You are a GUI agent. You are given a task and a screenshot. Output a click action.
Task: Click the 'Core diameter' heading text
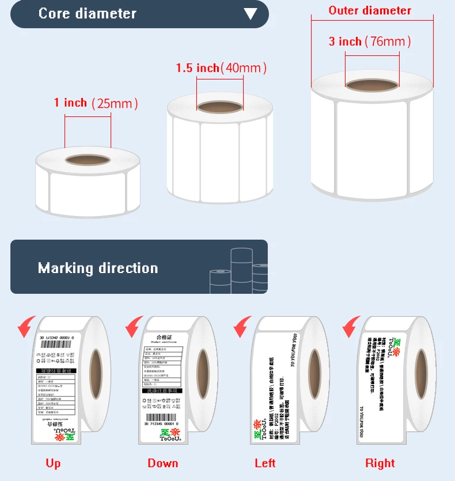tap(87, 14)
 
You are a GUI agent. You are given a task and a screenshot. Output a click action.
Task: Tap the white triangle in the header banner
tap(250, 14)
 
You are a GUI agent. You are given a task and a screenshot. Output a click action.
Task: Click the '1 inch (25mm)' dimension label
tap(96, 103)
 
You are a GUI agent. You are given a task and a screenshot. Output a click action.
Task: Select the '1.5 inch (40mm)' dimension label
tap(221, 69)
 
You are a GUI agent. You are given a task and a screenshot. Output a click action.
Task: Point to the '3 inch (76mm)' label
tap(370, 41)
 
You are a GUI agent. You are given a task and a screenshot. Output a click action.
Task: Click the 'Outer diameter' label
tap(370, 10)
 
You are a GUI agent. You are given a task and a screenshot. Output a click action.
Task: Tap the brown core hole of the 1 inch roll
tap(88, 159)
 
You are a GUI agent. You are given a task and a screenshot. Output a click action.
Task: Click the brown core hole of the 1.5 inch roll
tap(219, 107)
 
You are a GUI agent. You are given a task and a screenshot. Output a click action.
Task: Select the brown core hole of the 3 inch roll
tap(372, 85)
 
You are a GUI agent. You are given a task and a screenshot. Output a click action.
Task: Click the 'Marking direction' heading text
tap(98, 268)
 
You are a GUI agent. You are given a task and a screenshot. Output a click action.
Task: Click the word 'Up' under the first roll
tap(53, 463)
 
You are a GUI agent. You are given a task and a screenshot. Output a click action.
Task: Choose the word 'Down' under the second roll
tap(163, 463)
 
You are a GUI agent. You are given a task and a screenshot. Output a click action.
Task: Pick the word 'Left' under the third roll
tap(266, 463)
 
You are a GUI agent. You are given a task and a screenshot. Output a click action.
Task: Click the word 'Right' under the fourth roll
tap(380, 463)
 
